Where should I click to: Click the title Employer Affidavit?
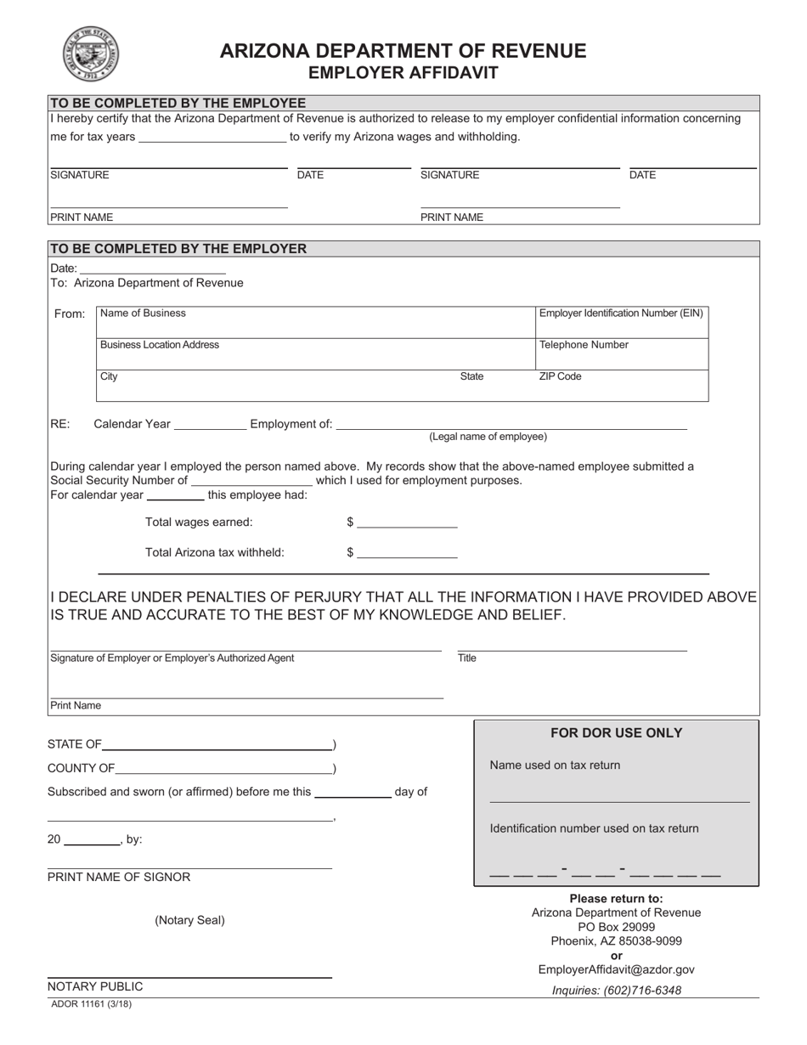click(x=403, y=73)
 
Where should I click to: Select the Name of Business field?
click(x=314, y=322)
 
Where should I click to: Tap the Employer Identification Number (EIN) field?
click(x=622, y=323)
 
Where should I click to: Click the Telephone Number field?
click(x=622, y=354)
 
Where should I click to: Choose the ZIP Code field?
click(x=622, y=387)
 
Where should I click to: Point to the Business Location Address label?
click(x=160, y=345)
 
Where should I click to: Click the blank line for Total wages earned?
click(x=407, y=522)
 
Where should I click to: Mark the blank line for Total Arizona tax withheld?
click(x=407, y=553)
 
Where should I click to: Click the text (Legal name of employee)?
click(x=488, y=437)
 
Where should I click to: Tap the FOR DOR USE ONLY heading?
click(x=616, y=733)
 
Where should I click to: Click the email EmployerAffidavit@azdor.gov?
click(x=616, y=969)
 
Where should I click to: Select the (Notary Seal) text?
click(x=189, y=920)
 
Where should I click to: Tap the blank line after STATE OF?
click(x=217, y=745)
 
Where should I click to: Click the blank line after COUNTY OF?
click(x=223, y=770)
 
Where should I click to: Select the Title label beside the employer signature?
click(x=467, y=658)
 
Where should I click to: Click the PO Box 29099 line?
click(x=616, y=927)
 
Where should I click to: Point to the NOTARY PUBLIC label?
click(x=95, y=986)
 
